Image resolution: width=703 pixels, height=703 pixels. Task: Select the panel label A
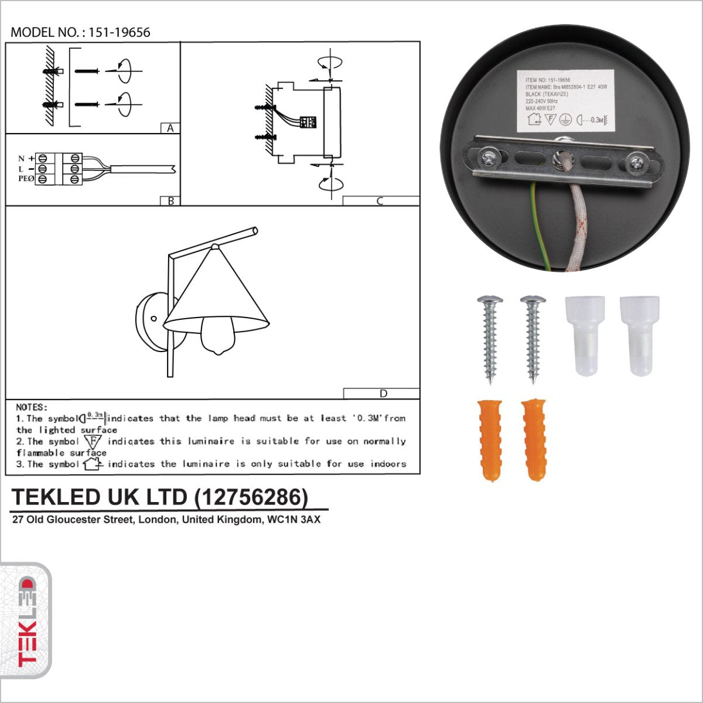(170, 128)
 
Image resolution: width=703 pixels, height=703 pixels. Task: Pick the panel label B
(170, 200)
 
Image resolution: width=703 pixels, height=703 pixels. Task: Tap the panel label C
(380, 201)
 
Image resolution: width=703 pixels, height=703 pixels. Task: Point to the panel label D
(383, 393)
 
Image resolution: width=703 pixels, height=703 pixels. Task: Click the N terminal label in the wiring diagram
(21, 159)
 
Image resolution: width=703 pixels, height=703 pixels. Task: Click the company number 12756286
(251, 497)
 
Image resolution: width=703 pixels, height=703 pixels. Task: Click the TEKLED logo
(26, 621)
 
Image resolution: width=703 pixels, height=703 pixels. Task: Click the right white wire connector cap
(640, 335)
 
